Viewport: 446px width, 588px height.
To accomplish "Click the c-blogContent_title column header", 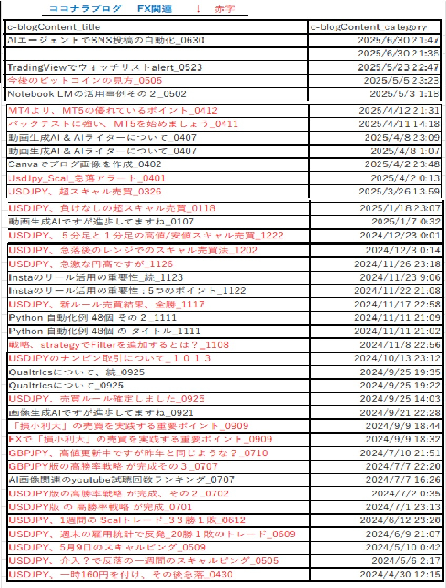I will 54,27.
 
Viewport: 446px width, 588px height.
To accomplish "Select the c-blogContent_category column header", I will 368,27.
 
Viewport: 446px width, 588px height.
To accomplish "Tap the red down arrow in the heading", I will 198,9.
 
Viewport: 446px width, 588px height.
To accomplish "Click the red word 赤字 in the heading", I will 225,9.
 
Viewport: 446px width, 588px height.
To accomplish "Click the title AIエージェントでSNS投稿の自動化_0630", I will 106,40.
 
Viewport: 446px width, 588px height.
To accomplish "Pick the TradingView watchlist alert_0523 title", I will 105,67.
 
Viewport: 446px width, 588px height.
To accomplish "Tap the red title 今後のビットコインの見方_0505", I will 85,81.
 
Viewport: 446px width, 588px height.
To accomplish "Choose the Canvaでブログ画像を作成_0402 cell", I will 85,164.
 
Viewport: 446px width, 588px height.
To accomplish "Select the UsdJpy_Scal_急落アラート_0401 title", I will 87,178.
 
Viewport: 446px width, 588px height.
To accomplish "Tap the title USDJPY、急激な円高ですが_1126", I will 91,264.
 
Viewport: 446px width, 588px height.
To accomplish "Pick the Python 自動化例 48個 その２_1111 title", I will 93,317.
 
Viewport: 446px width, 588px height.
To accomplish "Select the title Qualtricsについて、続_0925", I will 77,372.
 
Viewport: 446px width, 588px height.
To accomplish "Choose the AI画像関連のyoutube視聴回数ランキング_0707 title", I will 121,480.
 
